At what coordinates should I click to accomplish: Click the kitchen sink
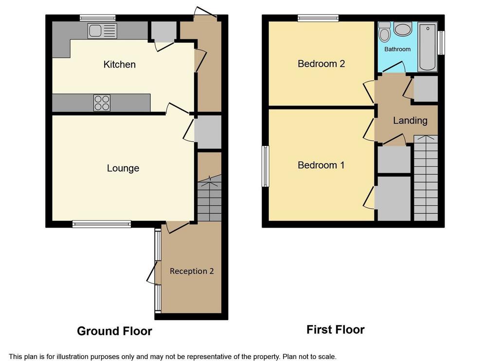click(102, 31)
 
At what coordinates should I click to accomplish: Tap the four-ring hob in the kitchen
click(102, 103)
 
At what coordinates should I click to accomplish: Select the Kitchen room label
click(120, 65)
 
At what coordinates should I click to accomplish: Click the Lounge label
click(123, 168)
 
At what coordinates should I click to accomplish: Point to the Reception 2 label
click(192, 271)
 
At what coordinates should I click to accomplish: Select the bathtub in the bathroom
click(427, 47)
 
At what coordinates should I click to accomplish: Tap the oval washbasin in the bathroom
click(403, 29)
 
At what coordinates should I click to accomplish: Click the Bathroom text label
click(397, 49)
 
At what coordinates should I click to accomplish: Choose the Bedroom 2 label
click(321, 64)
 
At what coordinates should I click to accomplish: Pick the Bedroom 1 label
click(321, 165)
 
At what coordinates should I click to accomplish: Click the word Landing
click(410, 121)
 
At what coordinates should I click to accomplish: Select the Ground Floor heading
click(114, 331)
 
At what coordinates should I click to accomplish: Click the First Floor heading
click(336, 329)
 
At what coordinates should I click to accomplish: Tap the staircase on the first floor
click(426, 178)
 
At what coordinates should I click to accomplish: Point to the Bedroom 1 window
click(266, 166)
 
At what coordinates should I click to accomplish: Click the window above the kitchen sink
click(97, 18)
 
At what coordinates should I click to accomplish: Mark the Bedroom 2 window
click(318, 18)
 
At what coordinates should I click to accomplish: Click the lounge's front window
click(102, 224)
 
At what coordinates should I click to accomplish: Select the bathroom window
click(441, 43)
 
